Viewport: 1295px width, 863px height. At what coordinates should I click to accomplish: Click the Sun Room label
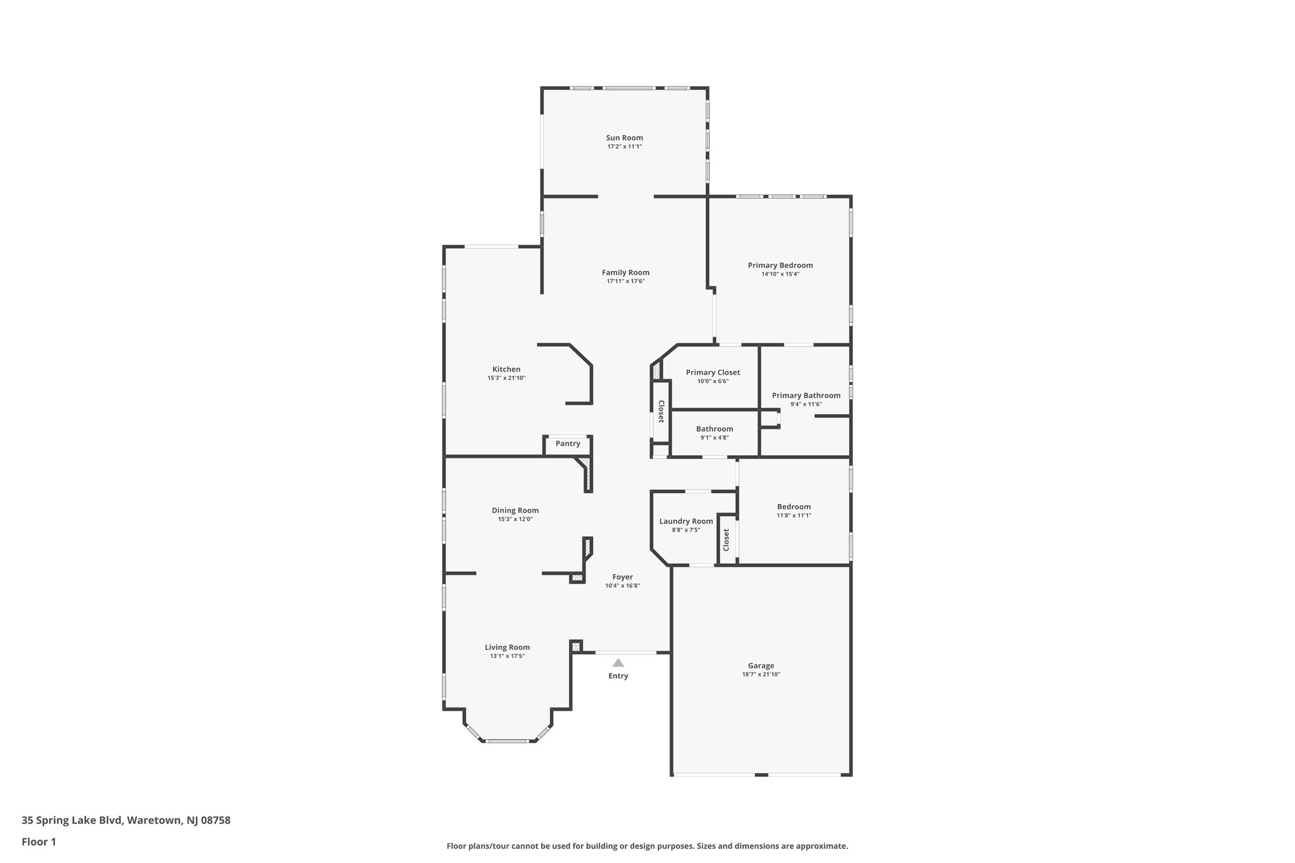pos(624,138)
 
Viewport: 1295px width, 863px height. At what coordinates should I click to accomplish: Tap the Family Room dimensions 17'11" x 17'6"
pos(625,281)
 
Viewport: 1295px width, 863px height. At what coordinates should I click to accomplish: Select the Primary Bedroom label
pos(780,266)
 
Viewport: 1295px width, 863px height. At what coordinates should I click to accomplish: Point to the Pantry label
pos(568,444)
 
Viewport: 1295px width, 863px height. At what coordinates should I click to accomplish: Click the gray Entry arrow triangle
pos(618,663)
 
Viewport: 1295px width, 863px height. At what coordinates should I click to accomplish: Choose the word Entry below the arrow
pos(618,676)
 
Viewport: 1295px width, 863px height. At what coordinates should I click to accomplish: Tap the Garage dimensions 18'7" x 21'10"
pos(761,675)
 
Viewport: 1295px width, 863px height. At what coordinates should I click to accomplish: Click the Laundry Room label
pos(686,522)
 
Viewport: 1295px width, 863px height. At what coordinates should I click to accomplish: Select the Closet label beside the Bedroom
pos(726,539)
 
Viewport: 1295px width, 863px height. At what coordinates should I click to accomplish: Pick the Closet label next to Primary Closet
pos(661,412)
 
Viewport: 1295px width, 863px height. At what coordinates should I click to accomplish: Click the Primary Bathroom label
pos(806,396)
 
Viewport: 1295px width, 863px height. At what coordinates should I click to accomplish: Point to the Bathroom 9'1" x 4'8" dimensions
pos(715,438)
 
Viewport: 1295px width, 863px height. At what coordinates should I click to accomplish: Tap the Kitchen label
pos(506,369)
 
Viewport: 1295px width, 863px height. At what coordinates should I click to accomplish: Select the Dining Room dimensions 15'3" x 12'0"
pos(515,519)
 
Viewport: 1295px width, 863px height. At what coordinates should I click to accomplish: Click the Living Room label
pos(507,647)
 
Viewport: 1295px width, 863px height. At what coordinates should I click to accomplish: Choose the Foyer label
pos(622,577)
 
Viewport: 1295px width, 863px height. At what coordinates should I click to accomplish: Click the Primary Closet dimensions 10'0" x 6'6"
pos(713,381)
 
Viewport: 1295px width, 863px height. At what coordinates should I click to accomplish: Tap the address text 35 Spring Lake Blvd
pos(71,821)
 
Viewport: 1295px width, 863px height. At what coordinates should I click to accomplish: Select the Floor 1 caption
pos(39,842)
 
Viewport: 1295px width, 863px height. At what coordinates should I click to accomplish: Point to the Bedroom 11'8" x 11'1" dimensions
pos(794,515)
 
